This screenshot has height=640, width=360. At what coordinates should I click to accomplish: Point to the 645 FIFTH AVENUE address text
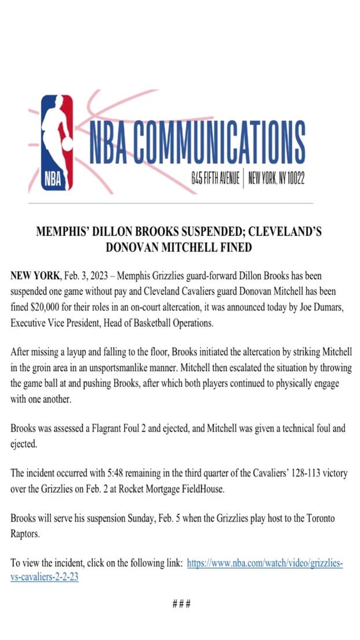tap(215, 179)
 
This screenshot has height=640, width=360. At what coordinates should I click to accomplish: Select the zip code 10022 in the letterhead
tap(292, 179)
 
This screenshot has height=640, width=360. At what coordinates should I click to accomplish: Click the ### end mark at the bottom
tap(181, 604)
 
